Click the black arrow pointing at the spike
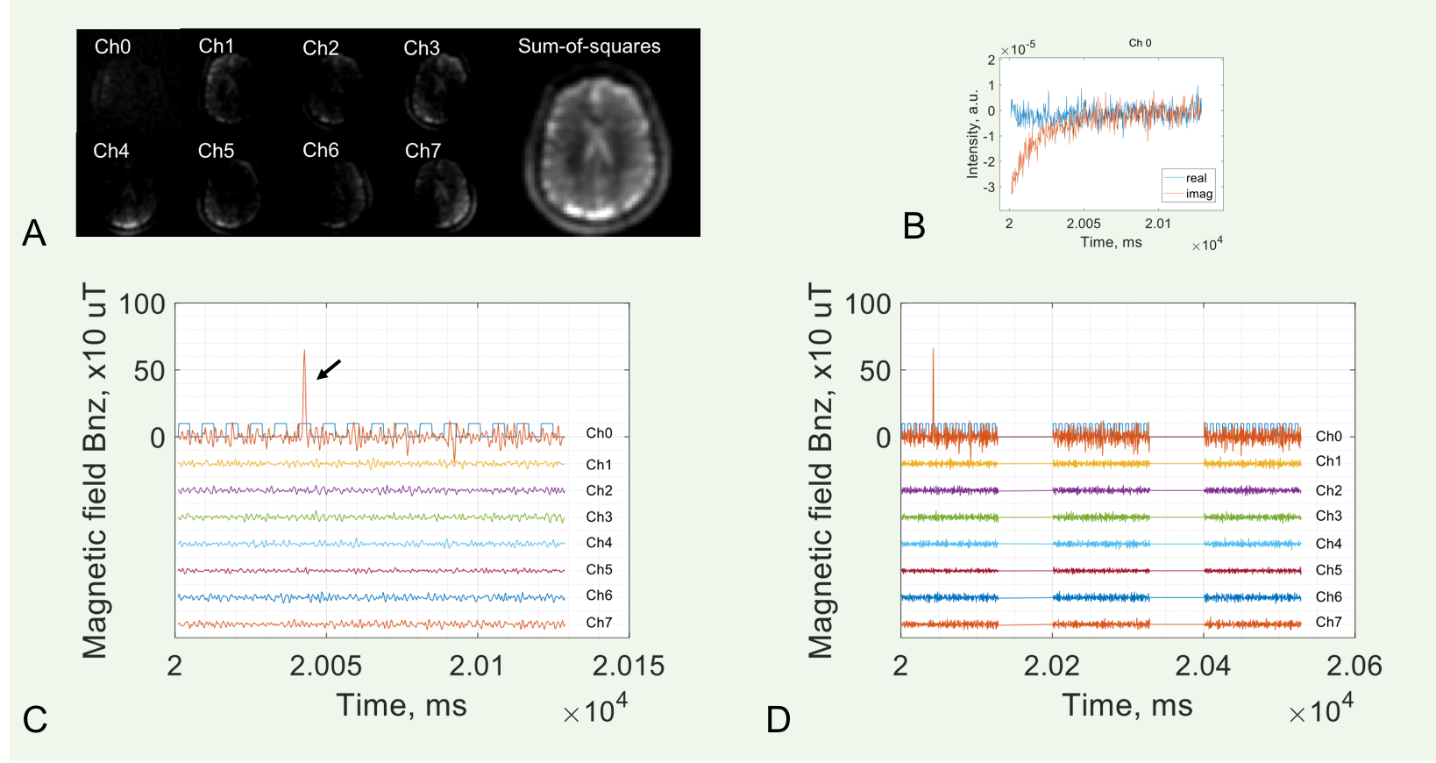click(328, 370)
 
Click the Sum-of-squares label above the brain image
click(589, 46)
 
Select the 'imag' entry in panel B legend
click(1198, 194)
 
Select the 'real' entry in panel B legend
click(1196, 178)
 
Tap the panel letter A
click(34, 233)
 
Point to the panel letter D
click(778, 720)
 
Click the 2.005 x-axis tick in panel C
click(325, 667)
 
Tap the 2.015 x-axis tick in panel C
click(628, 667)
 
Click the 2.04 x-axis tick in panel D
click(1203, 667)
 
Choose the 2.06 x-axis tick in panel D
click(1354, 667)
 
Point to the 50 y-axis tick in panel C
click(149, 371)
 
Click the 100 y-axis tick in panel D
click(867, 305)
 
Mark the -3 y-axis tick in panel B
click(989, 187)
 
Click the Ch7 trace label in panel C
click(599, 623)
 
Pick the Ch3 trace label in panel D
click(1328, 517)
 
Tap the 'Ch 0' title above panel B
click(1140, 43)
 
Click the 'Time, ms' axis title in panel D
click(1127, 706)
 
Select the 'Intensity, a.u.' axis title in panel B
click(972, 133)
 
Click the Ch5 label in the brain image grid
click(216, 151)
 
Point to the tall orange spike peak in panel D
click(933, 350)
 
